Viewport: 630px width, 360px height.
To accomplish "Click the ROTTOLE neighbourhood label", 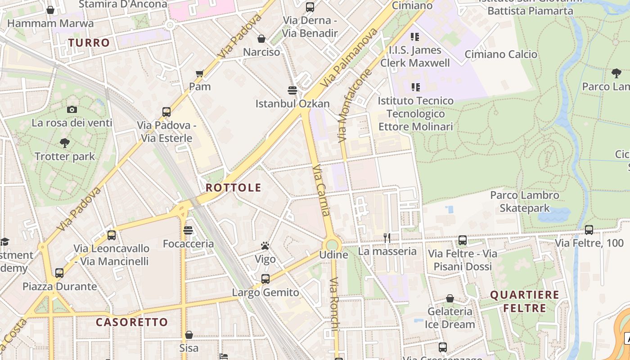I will click(x=233, y=188).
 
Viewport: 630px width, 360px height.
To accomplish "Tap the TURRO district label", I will click(x=89, y=43).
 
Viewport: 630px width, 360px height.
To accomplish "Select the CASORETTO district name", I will click(x=132, y=322).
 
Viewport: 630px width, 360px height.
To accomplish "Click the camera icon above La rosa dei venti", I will click(x=72, y=109).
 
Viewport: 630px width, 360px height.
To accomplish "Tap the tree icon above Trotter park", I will click(x=65, y=143).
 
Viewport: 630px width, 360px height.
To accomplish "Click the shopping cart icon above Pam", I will click(x=200, y=73).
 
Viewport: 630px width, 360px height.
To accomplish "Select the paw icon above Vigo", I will click(x=265, y=246).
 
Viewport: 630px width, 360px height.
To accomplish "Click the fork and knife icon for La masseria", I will click(x=387, y=238).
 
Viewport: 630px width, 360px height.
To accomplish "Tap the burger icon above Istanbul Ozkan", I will click(x=292, y=90).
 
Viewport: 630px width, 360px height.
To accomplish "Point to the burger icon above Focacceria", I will click(x=188, y=230).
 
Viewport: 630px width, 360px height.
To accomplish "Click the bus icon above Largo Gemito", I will click(x=265, y=279).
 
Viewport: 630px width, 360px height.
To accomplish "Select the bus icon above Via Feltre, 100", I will click(x=589, y=230).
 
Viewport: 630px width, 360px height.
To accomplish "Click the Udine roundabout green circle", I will click(x=332, y=245).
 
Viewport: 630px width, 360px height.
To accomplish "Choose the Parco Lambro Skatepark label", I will click(x=525, y=202).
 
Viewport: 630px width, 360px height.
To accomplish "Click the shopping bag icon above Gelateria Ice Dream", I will click(x=450, y=298).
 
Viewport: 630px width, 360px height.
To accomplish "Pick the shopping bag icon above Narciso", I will click(x=261, y=39).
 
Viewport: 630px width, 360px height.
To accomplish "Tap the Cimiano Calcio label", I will click(x=501, y=54).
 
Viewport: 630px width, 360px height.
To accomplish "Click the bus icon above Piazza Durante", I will click(x=59, y=273).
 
